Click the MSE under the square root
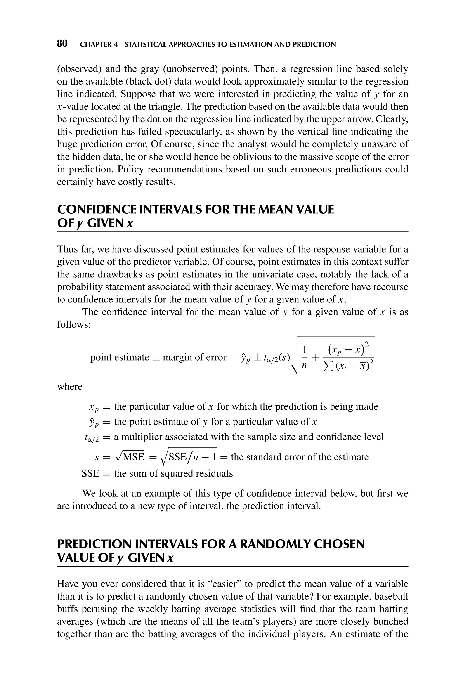133,457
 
